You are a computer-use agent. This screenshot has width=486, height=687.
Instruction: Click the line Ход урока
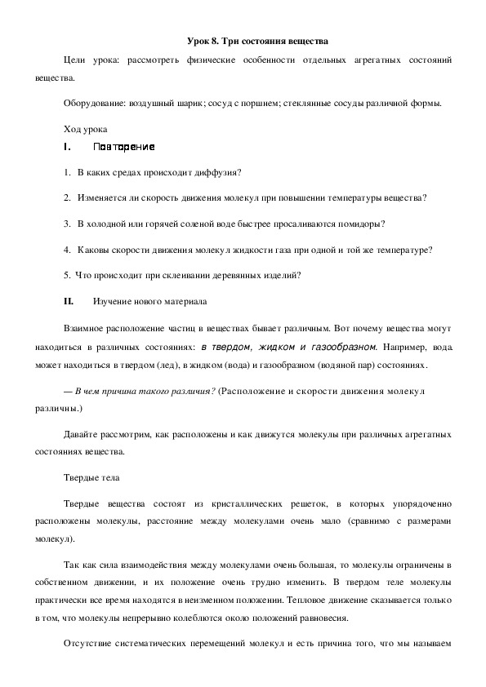click(x=84, y=129)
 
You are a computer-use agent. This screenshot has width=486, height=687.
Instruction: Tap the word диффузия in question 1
click(x=221, y=172)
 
